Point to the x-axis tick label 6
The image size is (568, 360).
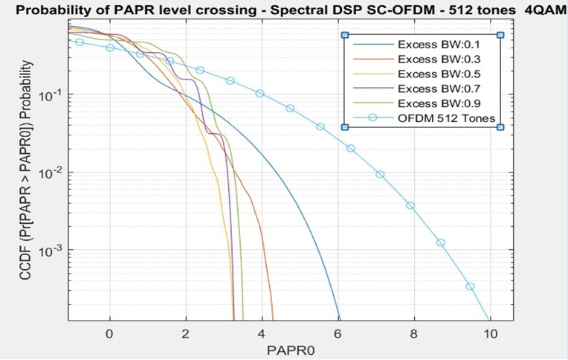(x=338, y=332)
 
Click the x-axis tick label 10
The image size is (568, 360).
(x=489, y=332)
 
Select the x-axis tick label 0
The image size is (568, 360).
(x=110, y=332)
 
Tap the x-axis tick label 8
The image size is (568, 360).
(x=413, y=332)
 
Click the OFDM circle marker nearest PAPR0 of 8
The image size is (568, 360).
(x=410, y=205)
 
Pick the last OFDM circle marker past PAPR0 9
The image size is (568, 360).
(x=470, y=286)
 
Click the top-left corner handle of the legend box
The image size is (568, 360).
(x=344, y=35)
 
